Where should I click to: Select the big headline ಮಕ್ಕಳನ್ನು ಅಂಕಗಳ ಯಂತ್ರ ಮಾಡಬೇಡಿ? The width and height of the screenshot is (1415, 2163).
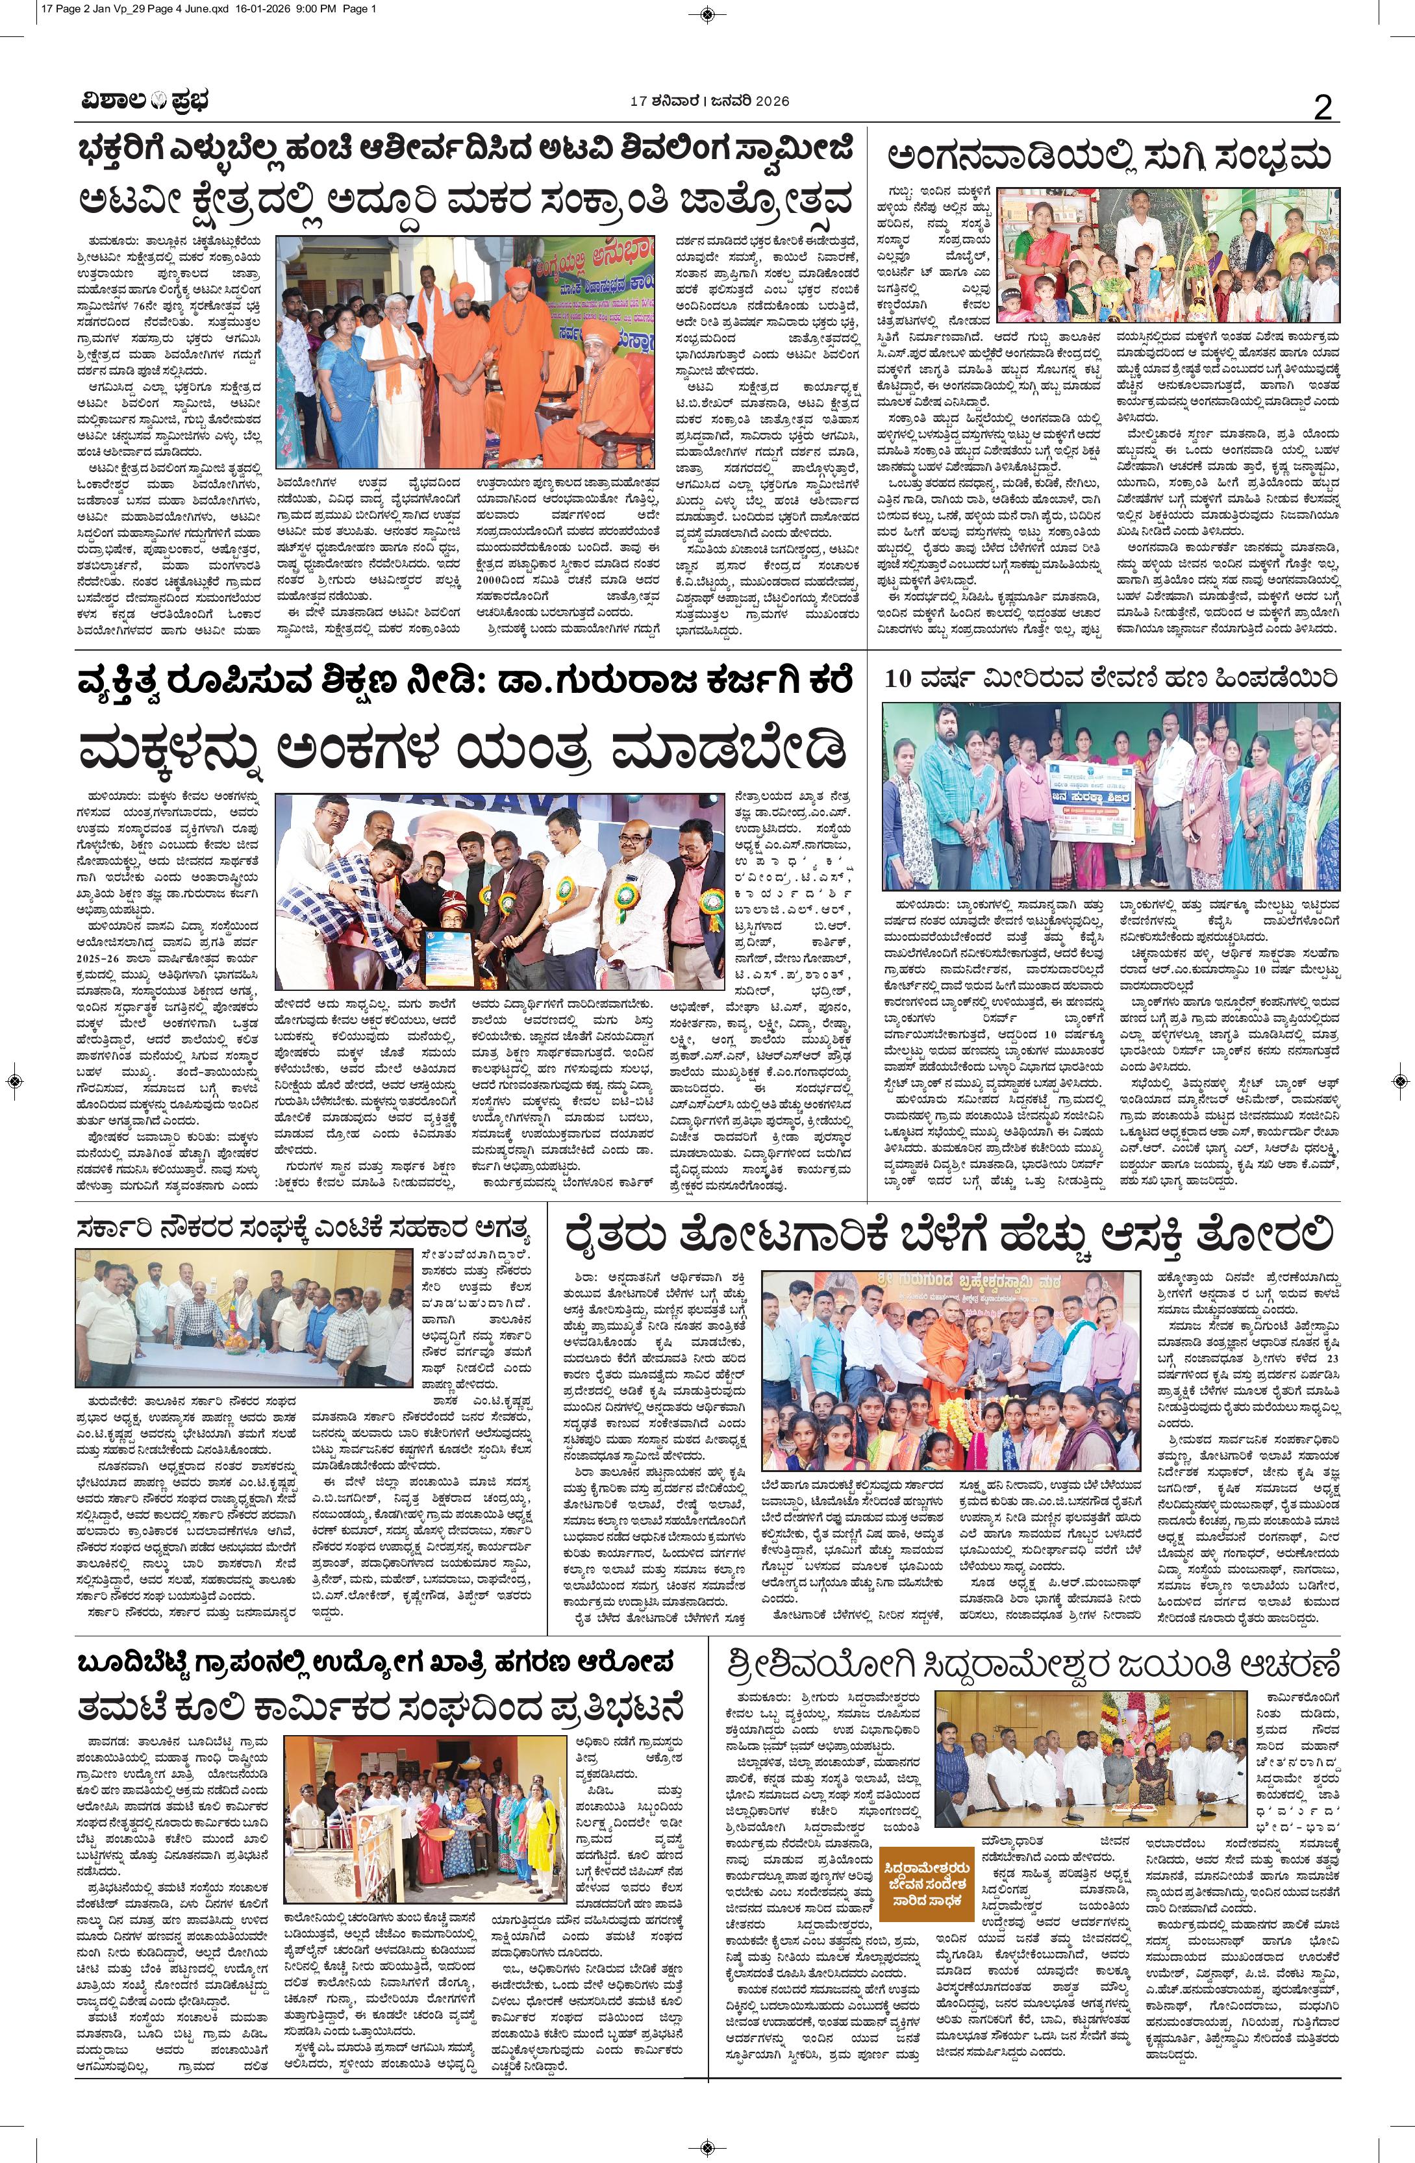point(464,753)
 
